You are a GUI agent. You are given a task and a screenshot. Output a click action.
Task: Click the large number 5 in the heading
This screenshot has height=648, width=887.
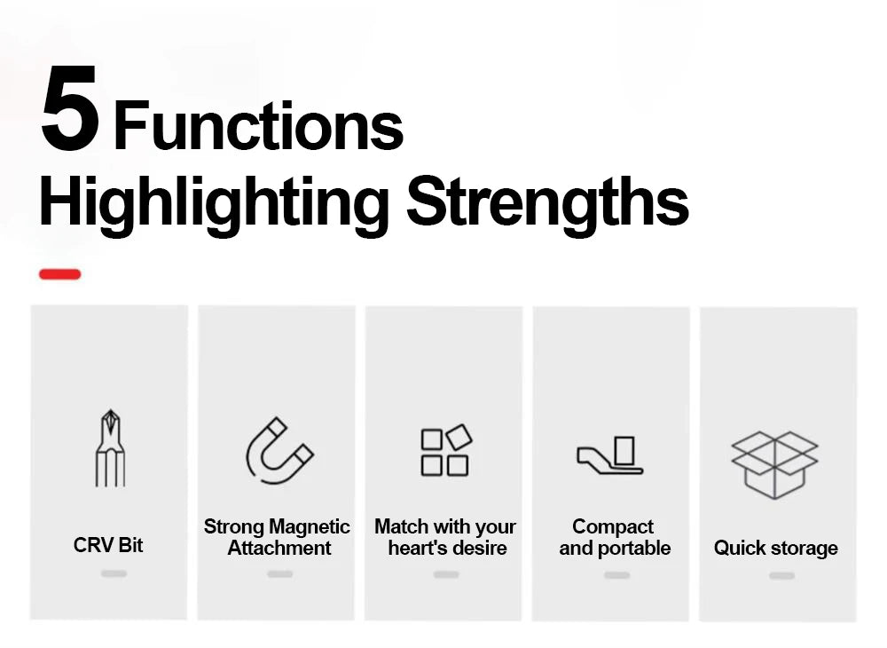click(70, 107)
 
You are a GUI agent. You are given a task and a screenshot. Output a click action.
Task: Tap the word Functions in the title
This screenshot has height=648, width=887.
click(258, 125)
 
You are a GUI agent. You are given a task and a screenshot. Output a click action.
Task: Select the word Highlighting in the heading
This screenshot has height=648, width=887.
click(214, 204)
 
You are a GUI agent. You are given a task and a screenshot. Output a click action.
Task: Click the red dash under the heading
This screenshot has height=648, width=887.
click(60, 274)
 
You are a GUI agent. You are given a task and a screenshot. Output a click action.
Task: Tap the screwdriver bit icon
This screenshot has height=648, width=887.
click(110, 448)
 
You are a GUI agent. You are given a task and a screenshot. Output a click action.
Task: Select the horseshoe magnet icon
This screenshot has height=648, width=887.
click(279, 450)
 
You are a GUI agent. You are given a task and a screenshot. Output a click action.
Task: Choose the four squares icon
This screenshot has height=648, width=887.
click(446, 450)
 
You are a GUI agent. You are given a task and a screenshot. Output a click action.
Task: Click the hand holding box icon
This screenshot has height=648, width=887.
click(610, 455)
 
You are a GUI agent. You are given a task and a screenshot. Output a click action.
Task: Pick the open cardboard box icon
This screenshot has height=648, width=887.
click(774, 464)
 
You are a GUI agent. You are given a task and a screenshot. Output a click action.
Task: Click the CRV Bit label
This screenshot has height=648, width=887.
click(108, 545)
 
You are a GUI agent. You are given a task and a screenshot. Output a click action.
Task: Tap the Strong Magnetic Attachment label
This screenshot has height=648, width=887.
click(277, 537)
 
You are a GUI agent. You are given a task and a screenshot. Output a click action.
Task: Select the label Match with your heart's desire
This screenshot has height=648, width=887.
click(446, 537)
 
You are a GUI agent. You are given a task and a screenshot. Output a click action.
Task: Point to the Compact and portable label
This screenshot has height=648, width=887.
click(615, 537)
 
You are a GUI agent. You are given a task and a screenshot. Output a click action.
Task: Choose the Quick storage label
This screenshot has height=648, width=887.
click(775, 548)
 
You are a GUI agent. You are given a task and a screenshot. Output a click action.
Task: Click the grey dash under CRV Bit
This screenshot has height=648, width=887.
click(114, 573)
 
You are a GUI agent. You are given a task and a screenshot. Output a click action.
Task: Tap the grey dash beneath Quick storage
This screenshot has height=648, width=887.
click(781, 575)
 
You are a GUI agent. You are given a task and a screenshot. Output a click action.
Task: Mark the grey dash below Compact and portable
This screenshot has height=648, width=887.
click(616, 575)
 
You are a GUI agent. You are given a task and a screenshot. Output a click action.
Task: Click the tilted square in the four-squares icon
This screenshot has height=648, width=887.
click(459, 437)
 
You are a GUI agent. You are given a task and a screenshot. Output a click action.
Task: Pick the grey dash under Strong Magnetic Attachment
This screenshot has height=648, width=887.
click(280, 573)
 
